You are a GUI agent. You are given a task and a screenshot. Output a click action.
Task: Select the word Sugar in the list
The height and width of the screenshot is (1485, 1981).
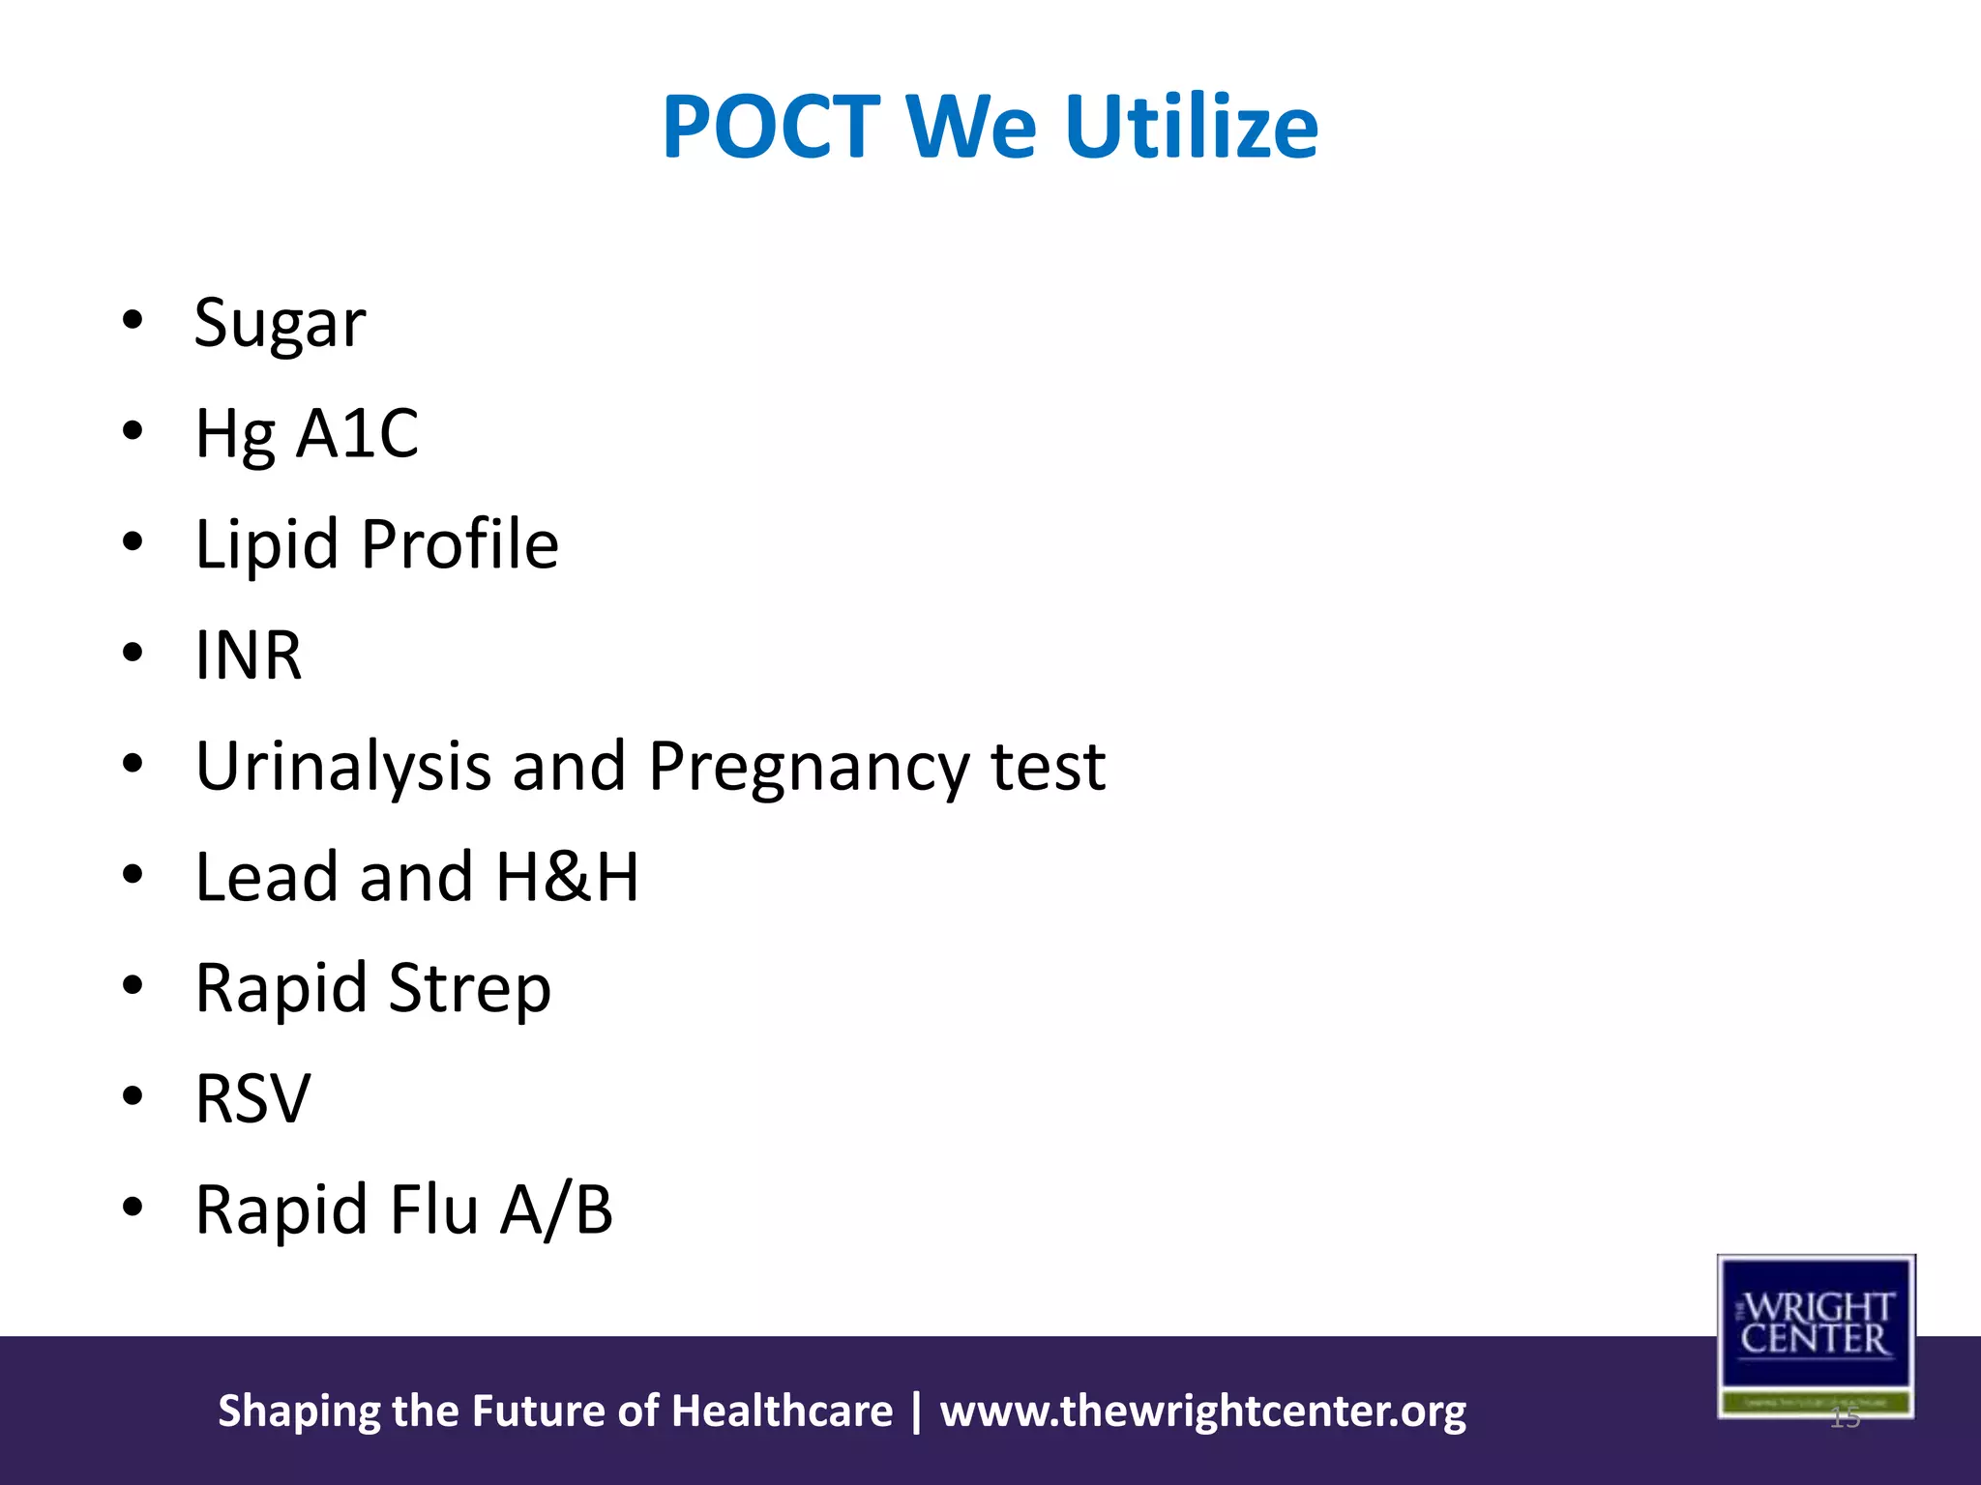click(x=280, y=323)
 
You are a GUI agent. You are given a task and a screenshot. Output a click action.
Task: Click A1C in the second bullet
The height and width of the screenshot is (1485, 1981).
click(x=357, y=433)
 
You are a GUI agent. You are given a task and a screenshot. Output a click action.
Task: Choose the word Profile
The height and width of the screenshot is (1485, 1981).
click(x=459, y=544)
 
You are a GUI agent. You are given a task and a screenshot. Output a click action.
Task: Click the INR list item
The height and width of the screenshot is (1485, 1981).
click(x=249, y=655)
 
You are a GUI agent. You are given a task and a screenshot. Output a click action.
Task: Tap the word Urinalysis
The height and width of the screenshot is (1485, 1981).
click(x=343, y=767)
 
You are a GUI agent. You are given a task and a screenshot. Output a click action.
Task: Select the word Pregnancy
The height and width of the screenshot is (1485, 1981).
click(x=809, y=767)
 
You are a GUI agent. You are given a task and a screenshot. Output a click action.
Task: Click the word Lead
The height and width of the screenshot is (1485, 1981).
click(x=267, y=877)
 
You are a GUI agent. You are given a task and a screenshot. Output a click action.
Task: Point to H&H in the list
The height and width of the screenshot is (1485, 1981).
click(x=568, y=877)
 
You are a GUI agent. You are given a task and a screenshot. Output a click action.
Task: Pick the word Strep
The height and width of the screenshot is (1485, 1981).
click(x=470, y=988)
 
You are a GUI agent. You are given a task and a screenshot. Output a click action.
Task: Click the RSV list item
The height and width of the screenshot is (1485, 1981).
click(x=252, y=1099)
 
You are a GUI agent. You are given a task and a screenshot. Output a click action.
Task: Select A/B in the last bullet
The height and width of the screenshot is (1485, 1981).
click(x=556, y=1209)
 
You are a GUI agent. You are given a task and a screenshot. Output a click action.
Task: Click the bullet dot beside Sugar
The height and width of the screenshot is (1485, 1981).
click(x=133, y=320)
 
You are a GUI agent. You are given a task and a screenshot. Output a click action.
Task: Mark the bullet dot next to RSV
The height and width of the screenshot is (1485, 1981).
click(x=133, y=1096)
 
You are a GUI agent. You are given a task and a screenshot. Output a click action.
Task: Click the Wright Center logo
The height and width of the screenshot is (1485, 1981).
click(x=1816, y=1335)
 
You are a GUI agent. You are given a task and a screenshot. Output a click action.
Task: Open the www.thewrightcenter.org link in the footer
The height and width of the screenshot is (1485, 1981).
click(x=1202, y=1412)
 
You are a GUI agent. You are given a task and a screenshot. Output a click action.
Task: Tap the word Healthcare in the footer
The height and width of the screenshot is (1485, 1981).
click(x=782, y=1412)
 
